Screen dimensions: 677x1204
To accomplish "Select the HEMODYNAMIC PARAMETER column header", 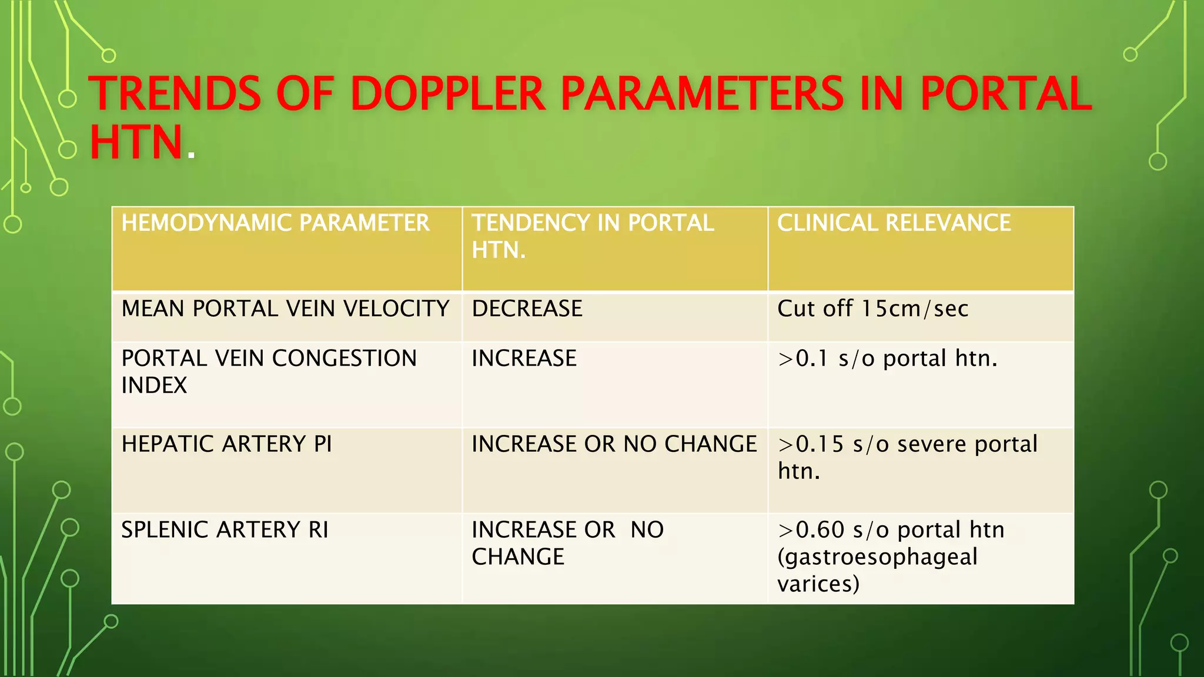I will coord(275,223).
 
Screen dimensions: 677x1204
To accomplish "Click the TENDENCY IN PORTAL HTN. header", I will coord(593,236).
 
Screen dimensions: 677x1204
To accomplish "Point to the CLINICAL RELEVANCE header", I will coord(894,223).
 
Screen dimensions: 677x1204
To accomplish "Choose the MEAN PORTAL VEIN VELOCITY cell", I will coord(285,309).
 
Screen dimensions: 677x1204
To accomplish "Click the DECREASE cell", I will coord(527,309).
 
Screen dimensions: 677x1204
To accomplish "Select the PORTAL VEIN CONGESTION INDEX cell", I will coord(269,371).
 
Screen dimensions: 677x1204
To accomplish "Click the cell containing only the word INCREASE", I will coord(524,358).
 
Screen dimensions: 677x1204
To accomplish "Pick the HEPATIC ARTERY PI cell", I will coord(226,444).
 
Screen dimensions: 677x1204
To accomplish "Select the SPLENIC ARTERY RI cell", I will coord(225,530).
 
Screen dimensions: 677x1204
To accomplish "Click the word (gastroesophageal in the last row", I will coord(877,557).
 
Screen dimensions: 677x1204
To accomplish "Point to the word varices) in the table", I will coord(818,584).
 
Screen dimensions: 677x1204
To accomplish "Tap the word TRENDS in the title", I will coord(175,94).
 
